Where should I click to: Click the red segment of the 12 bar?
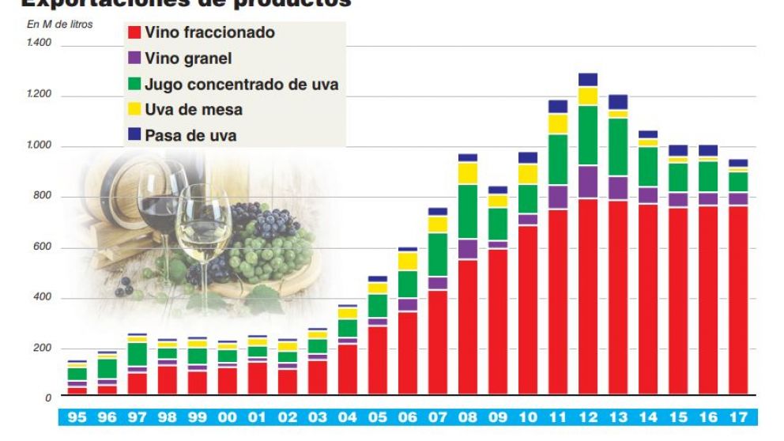click(587, 296)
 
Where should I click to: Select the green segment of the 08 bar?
click(468, 211)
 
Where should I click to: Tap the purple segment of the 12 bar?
click(587, 182)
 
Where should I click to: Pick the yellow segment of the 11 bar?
click(558, 124)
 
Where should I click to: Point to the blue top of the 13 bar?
click(617, 102)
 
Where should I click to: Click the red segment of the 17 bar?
click(737, 300)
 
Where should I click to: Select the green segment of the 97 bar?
click(137, 354)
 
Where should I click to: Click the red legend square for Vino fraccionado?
click(134, 33)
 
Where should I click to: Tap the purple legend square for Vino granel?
click(134, 58)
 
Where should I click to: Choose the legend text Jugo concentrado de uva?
click(242, 84)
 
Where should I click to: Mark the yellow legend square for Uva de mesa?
click(134, 109)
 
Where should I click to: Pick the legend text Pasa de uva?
click(190, 135)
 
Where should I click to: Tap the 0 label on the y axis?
click(48, 398)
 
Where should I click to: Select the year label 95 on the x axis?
click(77, 417)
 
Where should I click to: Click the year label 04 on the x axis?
click(347, 417)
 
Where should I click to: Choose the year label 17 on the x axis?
click(738, 417)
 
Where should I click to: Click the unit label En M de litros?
click(60, 24)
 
